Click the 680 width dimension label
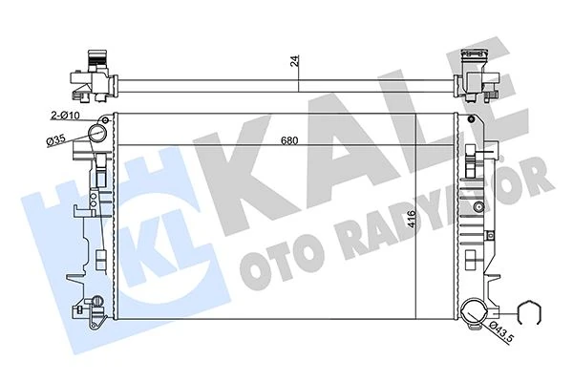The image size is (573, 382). click(x=287, y=142)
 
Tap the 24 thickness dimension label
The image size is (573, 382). click(x=296, y=61)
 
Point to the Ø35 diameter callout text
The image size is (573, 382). click(x=56, y=141)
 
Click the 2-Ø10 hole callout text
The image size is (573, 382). click(x=66, y=116)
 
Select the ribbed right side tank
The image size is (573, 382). click(x=473, y=210)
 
